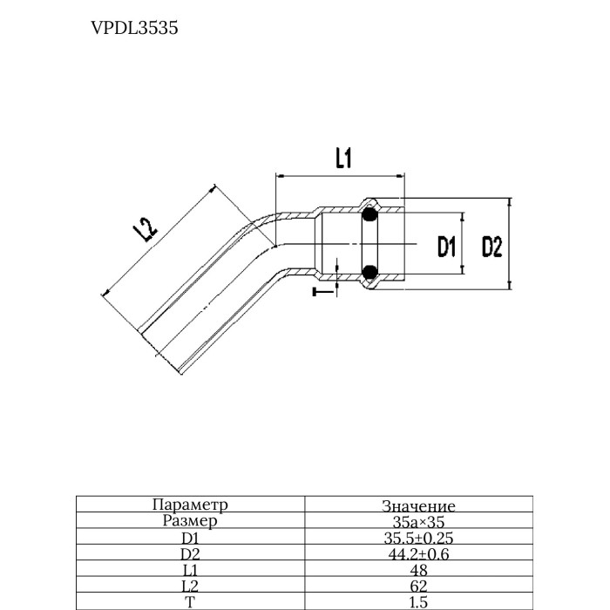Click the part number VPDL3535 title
(x=134, y=28)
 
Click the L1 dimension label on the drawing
(x=342, y=158)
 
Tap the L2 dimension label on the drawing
(x=145, y=231)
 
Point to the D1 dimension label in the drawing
(x=447, y=247)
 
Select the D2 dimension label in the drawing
(x=492, y=247)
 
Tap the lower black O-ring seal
(x=369, y=273)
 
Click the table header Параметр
(x=189, y=505)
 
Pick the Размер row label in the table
(x=189, y=521)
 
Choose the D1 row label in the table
(x=189, y=539)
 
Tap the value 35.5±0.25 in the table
(x=418, y=539)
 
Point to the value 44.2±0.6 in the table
(x=418, y=554)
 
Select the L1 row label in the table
(x=189, y=570)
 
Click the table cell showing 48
(x=418, y=570)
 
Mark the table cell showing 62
(x=418, y=586)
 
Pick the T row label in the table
(x=189, y=601)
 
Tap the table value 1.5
(x=418, y=601)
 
